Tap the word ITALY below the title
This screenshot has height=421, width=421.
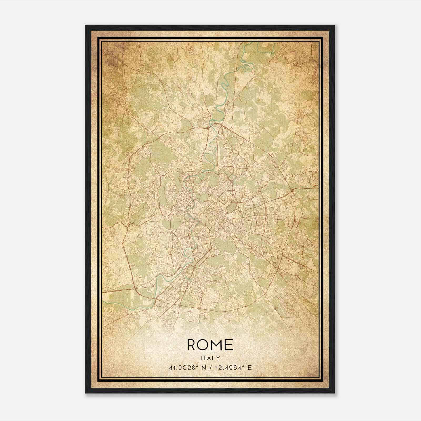point(210,358)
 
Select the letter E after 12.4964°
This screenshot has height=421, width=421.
point(249,368)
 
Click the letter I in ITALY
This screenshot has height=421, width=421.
point(201,358)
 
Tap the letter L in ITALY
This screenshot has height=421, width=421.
point(214,358)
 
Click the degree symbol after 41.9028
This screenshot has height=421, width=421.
point(197,366)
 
